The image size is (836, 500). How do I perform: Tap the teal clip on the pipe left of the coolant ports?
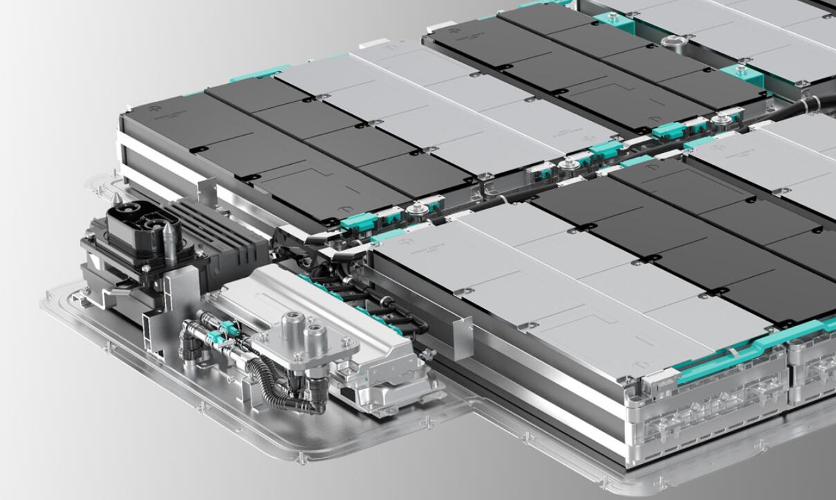[216, 337]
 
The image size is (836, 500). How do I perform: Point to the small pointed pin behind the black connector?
[117, 201]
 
